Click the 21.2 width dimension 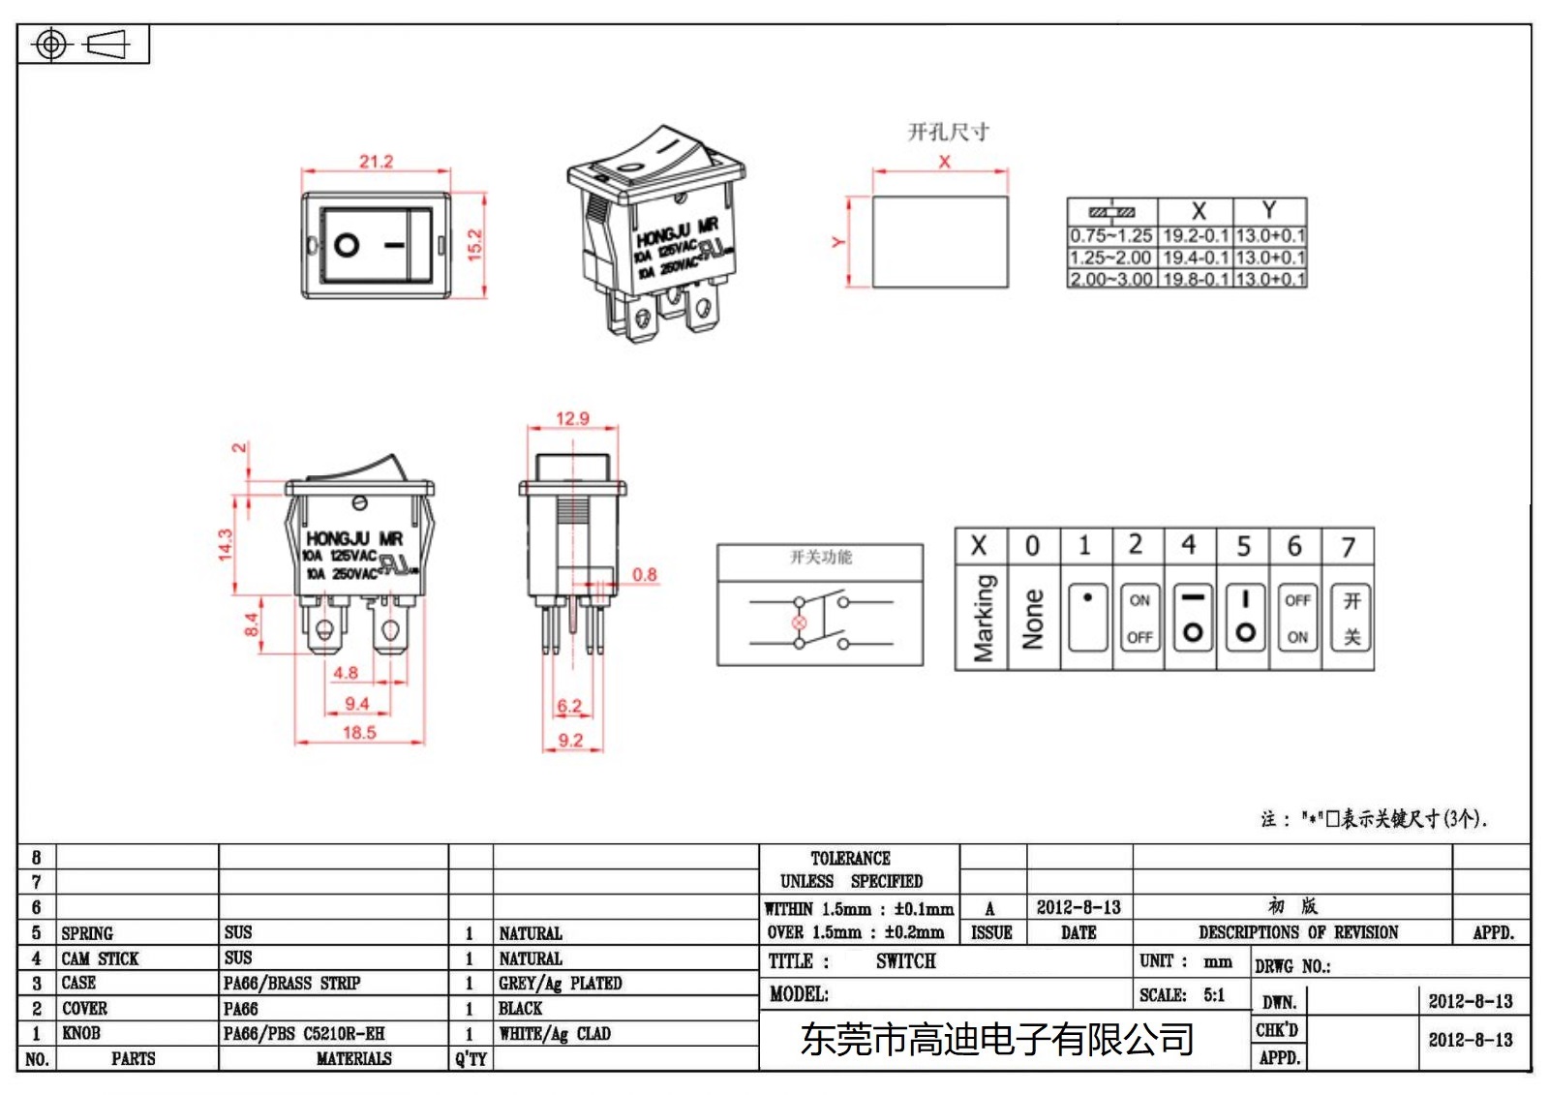click(376, 162)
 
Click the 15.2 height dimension click(474, 244)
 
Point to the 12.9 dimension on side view click(572, 418)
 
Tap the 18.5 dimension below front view click(359, 732)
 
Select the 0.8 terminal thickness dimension click(645, 574)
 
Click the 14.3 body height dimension click(226, 544)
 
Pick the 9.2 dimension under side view click(571, 740)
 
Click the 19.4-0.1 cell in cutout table click(1196, 258)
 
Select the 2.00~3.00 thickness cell click(1111, 279)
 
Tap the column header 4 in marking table click(1189, 545)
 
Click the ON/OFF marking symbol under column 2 click(1139, 618)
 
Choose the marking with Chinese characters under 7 click(1352, 618)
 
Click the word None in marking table click(1033, 618)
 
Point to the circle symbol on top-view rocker click(347, 245)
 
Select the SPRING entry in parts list click(87, 933)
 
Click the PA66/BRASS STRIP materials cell click(291, 983)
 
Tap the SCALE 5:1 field click(1182, 995)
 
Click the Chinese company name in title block click(997, 1040)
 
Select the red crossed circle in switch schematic click(800, 622)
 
